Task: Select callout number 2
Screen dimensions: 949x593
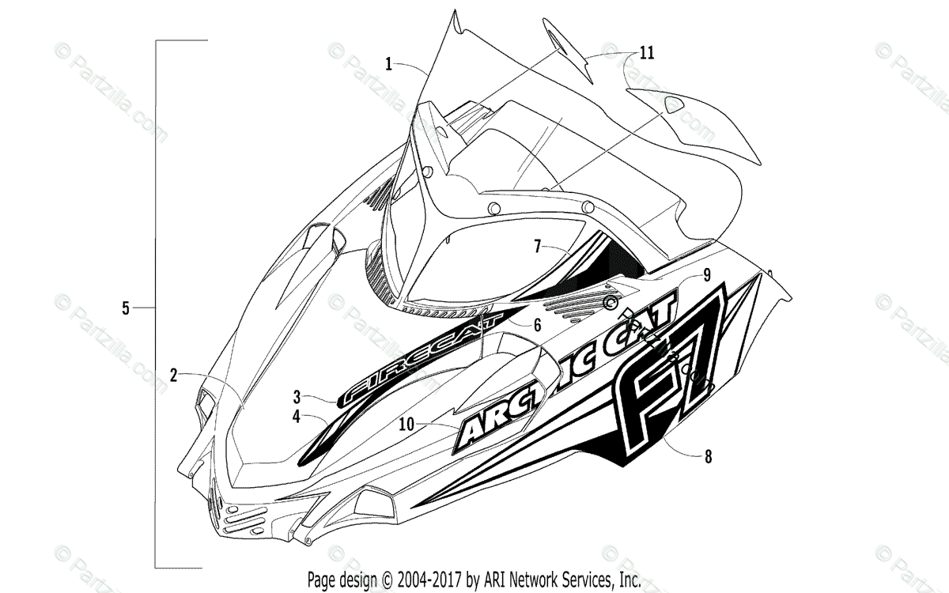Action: click(173, 375)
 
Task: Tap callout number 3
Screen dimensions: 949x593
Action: click(297, 395)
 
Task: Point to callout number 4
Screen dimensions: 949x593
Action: click(297, 416)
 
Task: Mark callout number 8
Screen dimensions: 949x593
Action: click(708, 455)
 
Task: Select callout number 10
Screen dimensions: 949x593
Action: click(406, 424)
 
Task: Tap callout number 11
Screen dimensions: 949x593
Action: click(647, 53)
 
